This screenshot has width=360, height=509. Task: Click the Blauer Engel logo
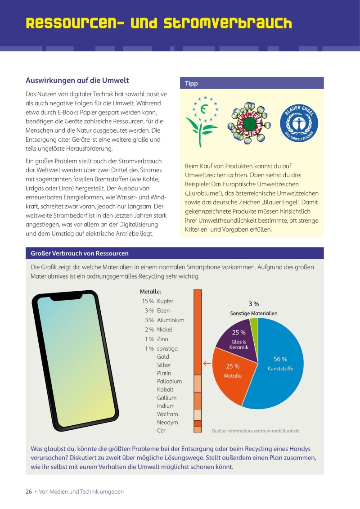[299, 121]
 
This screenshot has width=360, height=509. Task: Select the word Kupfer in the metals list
[165, 301]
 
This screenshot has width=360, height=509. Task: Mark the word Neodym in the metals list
[167, 423]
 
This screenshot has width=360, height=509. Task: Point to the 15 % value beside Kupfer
[148, 301]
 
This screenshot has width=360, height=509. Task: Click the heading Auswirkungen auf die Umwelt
[77, 81]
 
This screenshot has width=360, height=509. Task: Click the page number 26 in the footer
[28, 491]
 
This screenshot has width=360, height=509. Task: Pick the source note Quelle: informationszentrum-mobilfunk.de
[256, 431]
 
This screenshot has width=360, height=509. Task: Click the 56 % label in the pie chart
[280, 359]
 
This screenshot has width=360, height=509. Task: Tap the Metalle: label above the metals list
[150, 292]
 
